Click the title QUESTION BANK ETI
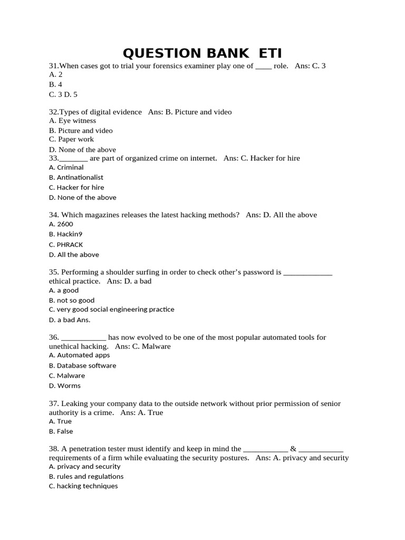[202, 53]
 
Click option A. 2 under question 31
[55, 75]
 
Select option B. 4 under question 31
[55, 84]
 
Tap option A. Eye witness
[72, 121]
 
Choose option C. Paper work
[71, 139]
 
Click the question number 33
[53, 158]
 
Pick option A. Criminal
[66, 167]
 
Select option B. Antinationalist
[76, 177]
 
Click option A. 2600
[61, 224]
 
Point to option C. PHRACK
[66, 244]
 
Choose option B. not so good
[72, 300]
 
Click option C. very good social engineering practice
[111, 310]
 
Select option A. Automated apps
[79, 355]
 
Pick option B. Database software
[82, 365]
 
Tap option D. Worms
[65, 385]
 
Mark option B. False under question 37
[61, 431]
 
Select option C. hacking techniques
[83, 486]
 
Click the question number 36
[54, 337]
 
